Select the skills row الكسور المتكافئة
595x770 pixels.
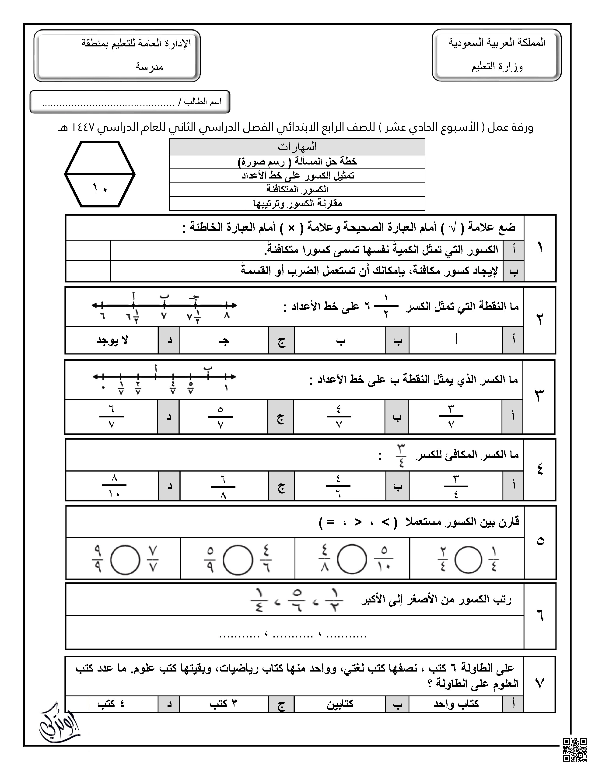click(297, 189)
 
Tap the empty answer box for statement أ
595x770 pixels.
click(88, 250)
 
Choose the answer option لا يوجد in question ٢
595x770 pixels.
click(112, 340)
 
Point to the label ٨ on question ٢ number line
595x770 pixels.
click(227, 315)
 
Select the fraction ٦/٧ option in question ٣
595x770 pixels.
click(111, 417)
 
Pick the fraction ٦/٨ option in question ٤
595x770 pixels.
click(223, 486)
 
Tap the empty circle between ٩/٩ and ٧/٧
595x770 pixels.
click(125, 560)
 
